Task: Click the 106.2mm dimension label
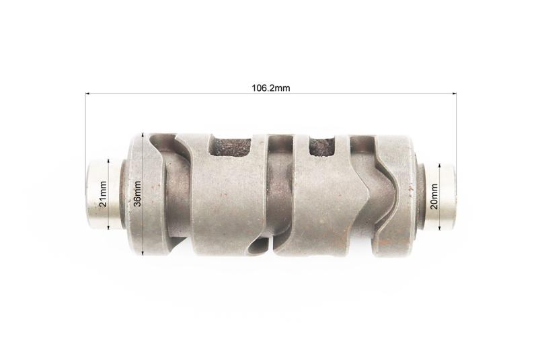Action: coord(271,88)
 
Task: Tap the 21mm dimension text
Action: coord(103,194)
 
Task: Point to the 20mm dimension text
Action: coord(434,196)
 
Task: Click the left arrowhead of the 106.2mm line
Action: coord(87,93)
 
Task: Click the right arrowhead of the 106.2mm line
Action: coord(455,93)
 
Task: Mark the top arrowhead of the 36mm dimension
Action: coord(143,135)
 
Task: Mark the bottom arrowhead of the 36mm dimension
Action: coord(143,254)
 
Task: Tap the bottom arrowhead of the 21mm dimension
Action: coord(108,227)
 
